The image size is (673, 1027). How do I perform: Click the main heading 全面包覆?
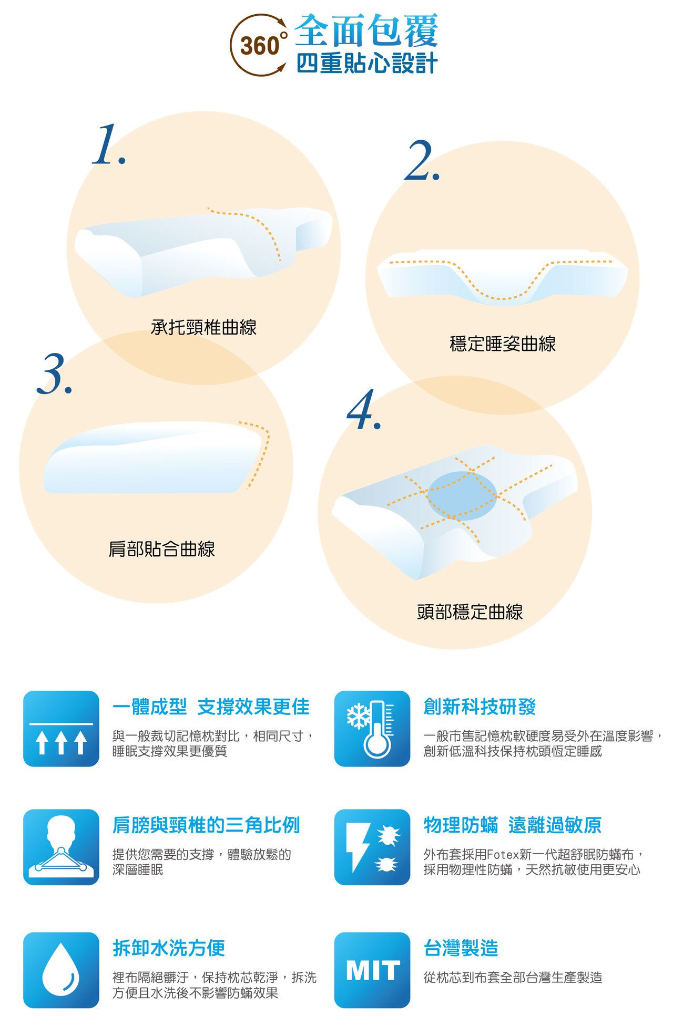tap(366, 30)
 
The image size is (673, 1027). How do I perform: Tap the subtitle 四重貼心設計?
tap(367, 64)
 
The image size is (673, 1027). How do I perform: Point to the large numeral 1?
tap(108, 145)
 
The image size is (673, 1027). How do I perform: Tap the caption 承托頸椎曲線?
tap(203, 327)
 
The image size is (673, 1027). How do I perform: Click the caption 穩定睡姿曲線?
tap(503, 344)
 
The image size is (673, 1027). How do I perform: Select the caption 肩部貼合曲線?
tap(161, 549)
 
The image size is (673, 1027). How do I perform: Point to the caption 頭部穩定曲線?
tap(470, 612)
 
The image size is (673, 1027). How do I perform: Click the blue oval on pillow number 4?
tap(462, 495)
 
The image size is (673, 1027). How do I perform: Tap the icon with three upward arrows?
tap(61, 729)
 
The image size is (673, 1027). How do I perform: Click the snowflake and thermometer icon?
tap(372, 729)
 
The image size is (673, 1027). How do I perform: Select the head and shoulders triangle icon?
tap(61, 847)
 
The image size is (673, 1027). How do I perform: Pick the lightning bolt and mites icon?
tap(372, 847)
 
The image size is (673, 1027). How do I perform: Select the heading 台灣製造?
tap(461, 948)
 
